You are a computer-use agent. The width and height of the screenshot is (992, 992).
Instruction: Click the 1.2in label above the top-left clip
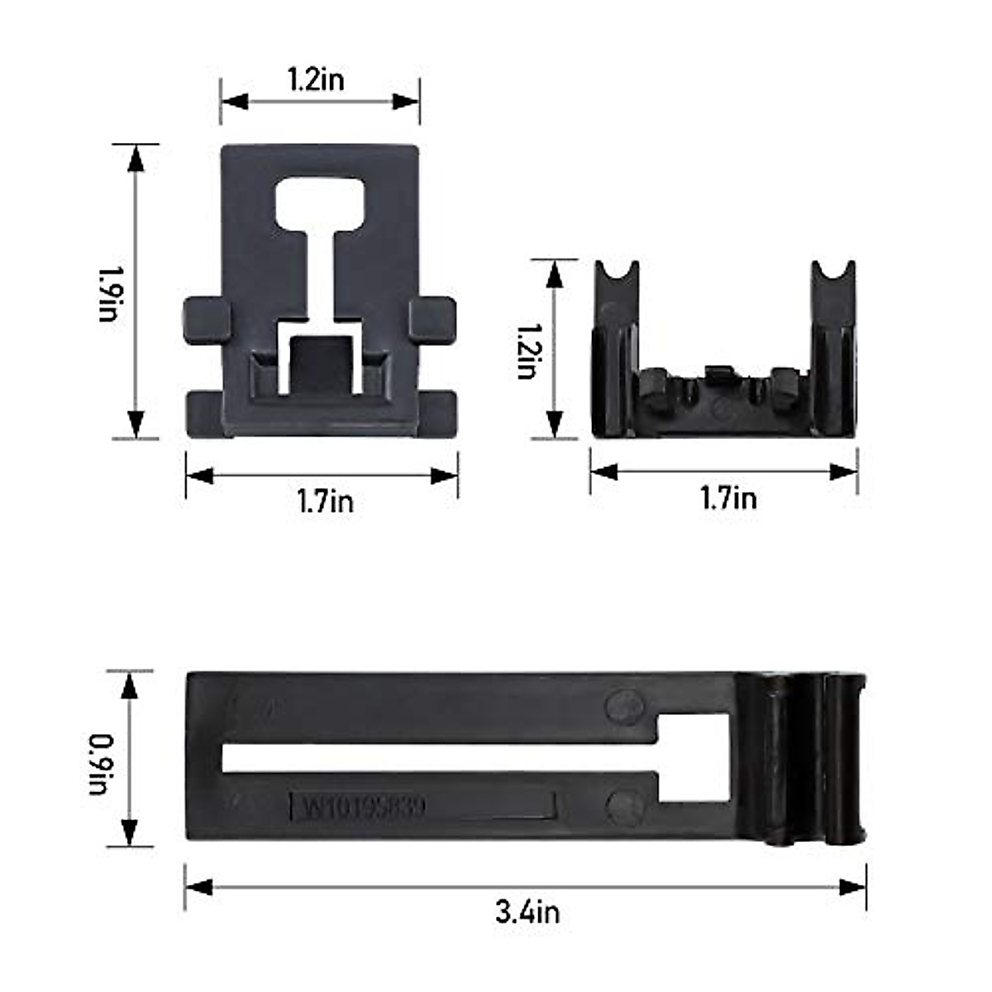click(316, 79)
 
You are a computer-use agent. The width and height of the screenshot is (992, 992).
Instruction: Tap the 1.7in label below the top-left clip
click(325, 502)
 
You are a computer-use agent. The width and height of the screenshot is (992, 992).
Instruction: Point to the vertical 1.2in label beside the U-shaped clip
click(527, 351)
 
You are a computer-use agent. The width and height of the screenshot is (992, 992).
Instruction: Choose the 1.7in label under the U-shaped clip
click(727, 498)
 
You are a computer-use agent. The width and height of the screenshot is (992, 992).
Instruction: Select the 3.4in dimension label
click(527, 912)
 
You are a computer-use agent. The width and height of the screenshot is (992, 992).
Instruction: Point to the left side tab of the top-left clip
click(204, 318)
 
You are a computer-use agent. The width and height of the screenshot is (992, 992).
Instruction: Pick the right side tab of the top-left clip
click(433, 318)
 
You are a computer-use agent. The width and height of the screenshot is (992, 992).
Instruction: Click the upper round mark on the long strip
click(624, 705)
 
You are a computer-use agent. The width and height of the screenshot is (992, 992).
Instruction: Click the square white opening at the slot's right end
click(693, 756)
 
